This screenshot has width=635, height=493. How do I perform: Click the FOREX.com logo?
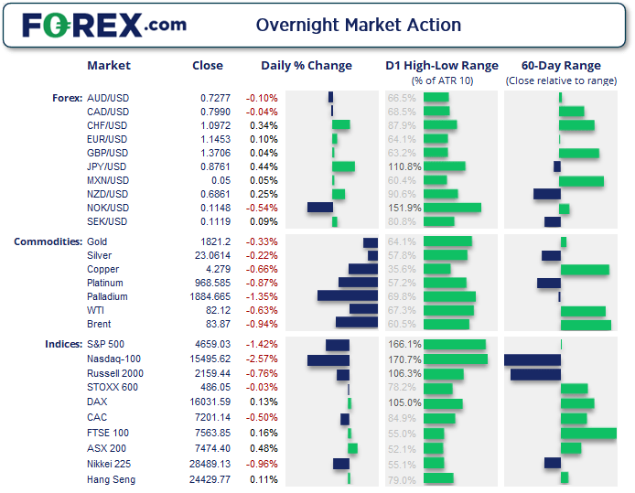(x=103, y=25)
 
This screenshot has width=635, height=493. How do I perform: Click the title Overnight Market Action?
(x=359, y=25)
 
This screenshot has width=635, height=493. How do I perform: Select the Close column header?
(x=208, y=66)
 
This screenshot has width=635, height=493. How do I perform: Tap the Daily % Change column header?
(x=307, y=66)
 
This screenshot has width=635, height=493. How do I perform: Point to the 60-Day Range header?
(x=561, y=66)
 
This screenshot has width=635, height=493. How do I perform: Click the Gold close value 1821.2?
(x=208, y=241)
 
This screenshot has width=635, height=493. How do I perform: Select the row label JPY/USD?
(x=107, y=166)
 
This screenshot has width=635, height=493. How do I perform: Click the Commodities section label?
(x=48, y=241)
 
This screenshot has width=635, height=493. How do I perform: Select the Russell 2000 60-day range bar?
(x=535, y=374)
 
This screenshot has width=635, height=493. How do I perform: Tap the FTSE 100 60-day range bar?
(x=588, y=434)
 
